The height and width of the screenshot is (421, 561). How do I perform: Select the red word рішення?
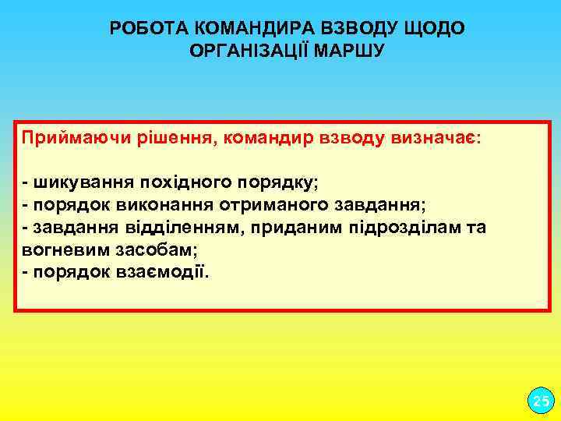(x=177, y=139)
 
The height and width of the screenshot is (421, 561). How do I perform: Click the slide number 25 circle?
(x=538, y=402)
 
